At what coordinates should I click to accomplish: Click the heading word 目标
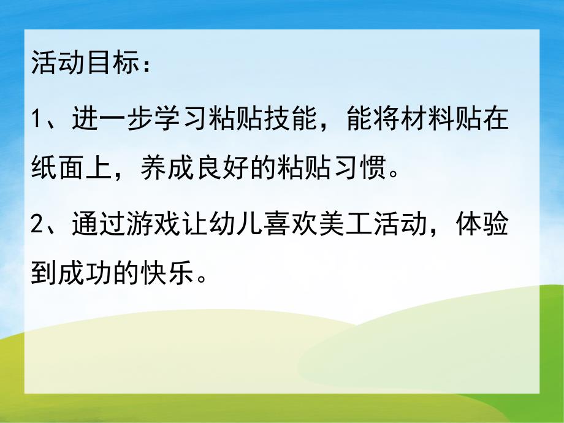(x=112, y=64)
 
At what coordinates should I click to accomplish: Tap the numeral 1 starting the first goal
(x=36, y=118)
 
